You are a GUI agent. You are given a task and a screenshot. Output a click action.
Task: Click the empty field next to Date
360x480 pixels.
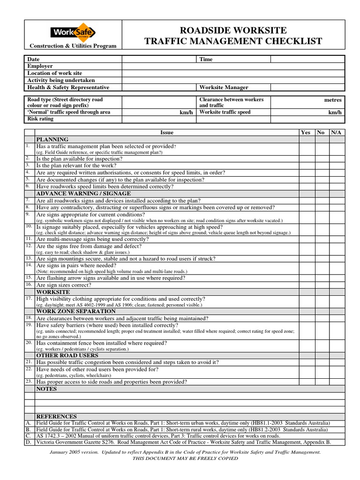point(158,60)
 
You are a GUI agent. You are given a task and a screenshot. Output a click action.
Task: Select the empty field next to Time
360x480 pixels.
point(307,60)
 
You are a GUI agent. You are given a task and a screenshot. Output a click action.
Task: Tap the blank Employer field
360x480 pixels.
point(233,67)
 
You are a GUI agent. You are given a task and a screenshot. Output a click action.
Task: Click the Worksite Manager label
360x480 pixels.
point(224,88)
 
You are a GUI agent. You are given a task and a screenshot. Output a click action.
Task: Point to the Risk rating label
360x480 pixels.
point(40,119)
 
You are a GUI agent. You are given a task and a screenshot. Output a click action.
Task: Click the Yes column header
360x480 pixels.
point(306,133)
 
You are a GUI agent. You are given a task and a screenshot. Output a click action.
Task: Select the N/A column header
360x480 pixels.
point(336,133)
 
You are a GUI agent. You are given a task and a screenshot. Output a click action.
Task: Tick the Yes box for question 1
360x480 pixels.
point(307,149)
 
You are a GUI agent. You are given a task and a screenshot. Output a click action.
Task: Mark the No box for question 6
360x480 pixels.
point(322,187)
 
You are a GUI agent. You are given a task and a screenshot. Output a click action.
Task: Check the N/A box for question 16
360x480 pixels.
point(337,285)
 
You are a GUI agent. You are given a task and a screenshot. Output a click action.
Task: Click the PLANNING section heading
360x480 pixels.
point(52,140)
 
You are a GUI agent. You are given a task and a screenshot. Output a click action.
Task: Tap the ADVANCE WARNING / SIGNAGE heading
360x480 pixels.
point(83,194)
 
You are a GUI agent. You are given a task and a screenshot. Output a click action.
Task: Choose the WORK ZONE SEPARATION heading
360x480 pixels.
point(76,311)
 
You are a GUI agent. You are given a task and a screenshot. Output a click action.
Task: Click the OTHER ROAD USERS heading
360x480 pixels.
point(67,355)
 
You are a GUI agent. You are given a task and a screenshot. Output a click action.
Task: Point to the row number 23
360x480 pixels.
point(29,382)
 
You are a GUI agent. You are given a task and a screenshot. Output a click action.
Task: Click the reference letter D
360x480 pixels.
point(29,442)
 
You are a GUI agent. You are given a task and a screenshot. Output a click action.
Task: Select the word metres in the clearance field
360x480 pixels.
point(333,100)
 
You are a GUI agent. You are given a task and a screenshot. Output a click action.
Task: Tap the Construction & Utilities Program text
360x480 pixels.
point(72,45)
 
